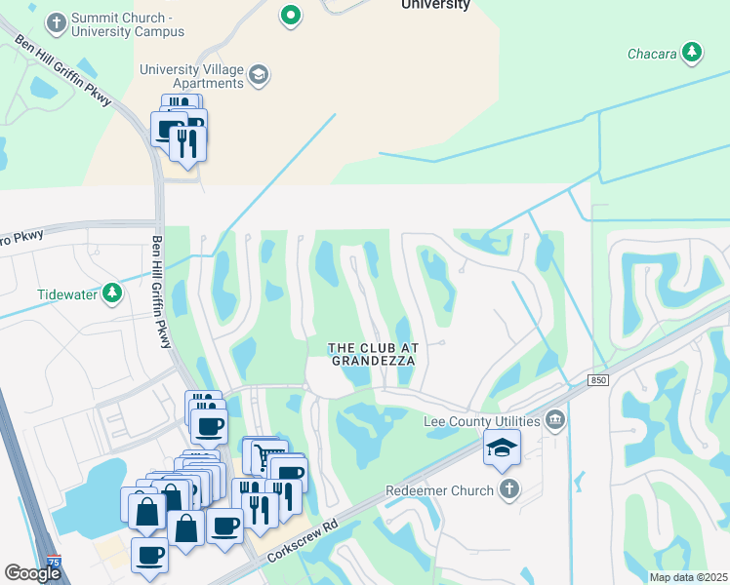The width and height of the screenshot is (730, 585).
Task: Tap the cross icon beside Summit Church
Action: tap(58, 20)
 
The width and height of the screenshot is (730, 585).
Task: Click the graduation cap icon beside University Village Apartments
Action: tap(259, 75)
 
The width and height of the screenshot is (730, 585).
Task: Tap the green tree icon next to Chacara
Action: tap(692, 52)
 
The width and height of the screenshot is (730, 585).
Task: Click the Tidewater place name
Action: tap(67, 292)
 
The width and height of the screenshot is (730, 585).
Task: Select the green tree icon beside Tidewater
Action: tap(114, 292)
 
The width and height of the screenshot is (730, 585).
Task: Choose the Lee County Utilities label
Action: tap(481, 421)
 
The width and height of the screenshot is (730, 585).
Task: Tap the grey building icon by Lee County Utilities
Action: tap(555, 420)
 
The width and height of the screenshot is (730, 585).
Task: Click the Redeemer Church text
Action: tap(440, 490)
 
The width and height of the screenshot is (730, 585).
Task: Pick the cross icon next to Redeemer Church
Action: tap(507, 489)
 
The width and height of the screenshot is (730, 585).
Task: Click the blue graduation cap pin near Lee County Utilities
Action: tap(502, 448)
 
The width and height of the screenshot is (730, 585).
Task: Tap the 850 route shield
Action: tap(597, 379)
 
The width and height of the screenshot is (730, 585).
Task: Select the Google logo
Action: tap(32, 573)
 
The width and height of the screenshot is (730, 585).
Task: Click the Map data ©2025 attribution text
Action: tap(688, 577)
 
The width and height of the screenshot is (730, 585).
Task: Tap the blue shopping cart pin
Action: tap(264, 455)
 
